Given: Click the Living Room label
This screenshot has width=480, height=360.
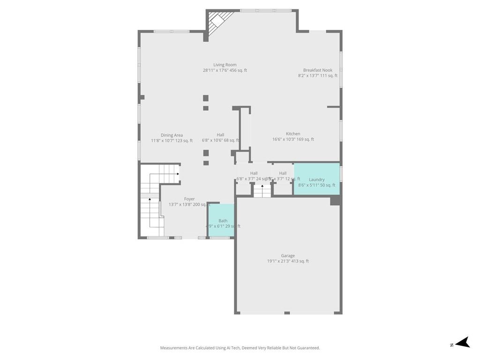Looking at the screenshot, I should (225, 65).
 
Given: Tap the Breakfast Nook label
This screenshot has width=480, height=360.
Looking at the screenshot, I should (317, 70).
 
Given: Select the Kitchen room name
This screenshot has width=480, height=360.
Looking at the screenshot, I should (293, 134).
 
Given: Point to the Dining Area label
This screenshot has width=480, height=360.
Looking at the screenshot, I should (172, 135).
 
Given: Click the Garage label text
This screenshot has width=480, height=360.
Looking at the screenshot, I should (288, 255).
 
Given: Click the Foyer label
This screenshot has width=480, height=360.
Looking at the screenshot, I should (189, 199).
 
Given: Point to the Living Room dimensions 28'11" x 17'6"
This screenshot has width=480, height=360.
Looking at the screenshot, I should (225, 71).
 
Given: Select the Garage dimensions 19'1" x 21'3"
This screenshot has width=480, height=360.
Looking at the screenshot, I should (288, 262).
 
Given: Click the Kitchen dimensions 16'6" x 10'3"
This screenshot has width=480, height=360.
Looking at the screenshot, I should (293, 139).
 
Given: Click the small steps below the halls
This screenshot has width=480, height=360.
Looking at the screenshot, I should (262, 190).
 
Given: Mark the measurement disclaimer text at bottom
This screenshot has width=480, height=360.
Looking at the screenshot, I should (240, 348).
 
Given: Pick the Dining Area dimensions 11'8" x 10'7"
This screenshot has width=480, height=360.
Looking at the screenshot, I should (172, 141).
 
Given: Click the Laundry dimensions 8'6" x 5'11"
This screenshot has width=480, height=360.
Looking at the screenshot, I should (317, 185).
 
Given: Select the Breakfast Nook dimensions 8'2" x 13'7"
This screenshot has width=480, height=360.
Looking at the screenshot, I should (317, 75).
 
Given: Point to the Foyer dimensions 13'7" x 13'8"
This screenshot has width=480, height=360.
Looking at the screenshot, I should (189, 204).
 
